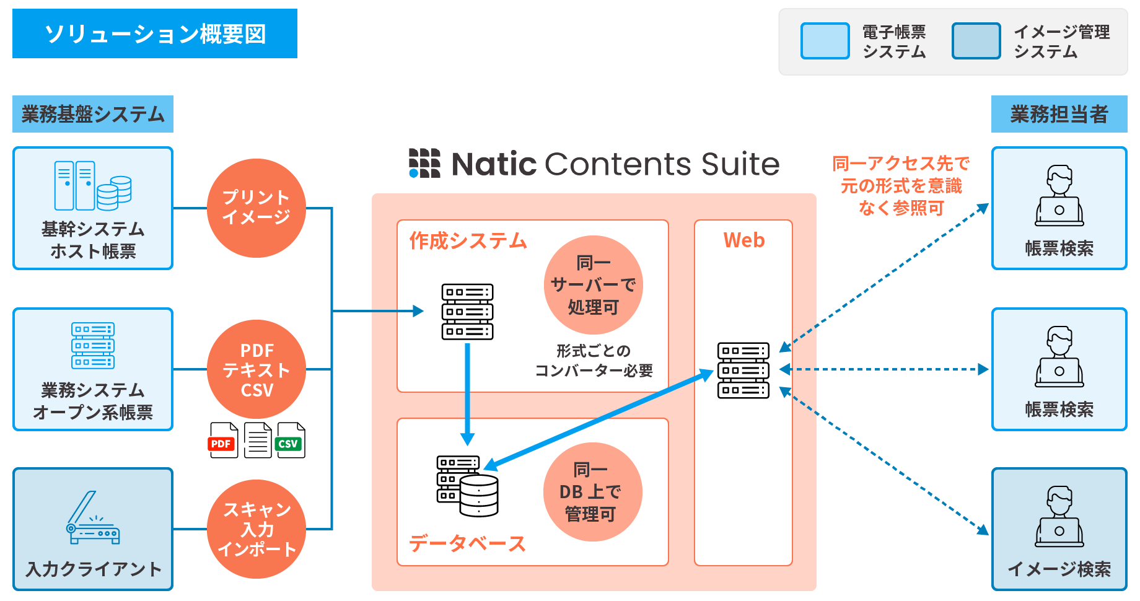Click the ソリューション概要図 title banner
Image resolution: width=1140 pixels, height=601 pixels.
155,33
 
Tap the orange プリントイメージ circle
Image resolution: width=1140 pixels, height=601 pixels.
256,208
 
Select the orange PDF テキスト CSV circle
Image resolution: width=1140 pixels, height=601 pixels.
256,369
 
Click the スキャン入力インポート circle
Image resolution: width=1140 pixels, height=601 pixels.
256,529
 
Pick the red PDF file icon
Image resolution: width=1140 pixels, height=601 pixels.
224,441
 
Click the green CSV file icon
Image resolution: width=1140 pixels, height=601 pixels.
291,441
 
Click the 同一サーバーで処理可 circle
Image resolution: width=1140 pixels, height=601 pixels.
593,285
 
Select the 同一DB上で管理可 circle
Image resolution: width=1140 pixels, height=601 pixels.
592,492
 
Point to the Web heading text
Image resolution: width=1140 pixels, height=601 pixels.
743,240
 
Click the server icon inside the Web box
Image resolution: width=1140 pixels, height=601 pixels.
743,370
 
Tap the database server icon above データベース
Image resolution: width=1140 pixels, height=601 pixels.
468,486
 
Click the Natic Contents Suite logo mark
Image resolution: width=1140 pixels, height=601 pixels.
424,163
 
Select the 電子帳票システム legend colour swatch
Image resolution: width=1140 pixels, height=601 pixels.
825,41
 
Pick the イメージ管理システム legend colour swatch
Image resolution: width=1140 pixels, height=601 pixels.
976,41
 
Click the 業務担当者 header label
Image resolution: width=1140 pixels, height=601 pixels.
1059,114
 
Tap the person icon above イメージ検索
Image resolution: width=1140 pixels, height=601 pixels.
1059,516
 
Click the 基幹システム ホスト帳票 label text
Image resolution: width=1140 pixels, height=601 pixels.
93,240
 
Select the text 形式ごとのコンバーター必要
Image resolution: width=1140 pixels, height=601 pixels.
594,361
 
